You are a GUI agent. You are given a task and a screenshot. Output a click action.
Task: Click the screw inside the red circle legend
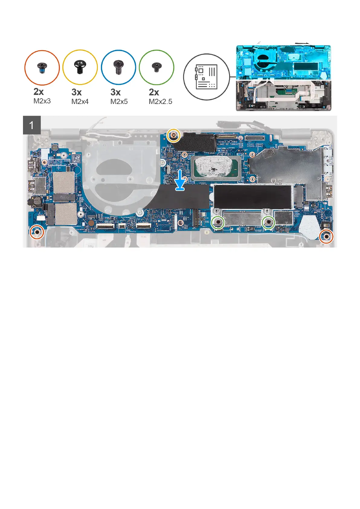pos(42,67)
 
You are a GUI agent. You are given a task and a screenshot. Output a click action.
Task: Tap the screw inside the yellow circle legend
pos(80,67)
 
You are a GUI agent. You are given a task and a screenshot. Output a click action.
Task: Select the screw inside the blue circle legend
pos(118,67)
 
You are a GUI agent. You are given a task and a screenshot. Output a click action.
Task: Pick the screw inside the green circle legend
pos(156,67)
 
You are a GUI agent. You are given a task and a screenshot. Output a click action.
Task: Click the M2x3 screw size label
pos(42,101)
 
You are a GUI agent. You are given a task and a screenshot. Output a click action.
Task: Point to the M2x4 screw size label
pos(80,102)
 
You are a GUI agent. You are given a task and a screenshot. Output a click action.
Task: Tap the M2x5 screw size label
pos(119,102)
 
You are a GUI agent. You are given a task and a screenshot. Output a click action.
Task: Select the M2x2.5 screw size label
pos(160,102)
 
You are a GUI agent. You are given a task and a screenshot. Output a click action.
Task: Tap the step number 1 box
pos(32,125)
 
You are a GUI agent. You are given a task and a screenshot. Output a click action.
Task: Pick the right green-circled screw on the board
pos(268,223)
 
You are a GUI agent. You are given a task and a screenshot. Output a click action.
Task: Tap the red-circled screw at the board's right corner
pos(326,236)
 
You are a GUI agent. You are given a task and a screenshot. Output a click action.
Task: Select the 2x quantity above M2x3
pos(38,92)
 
